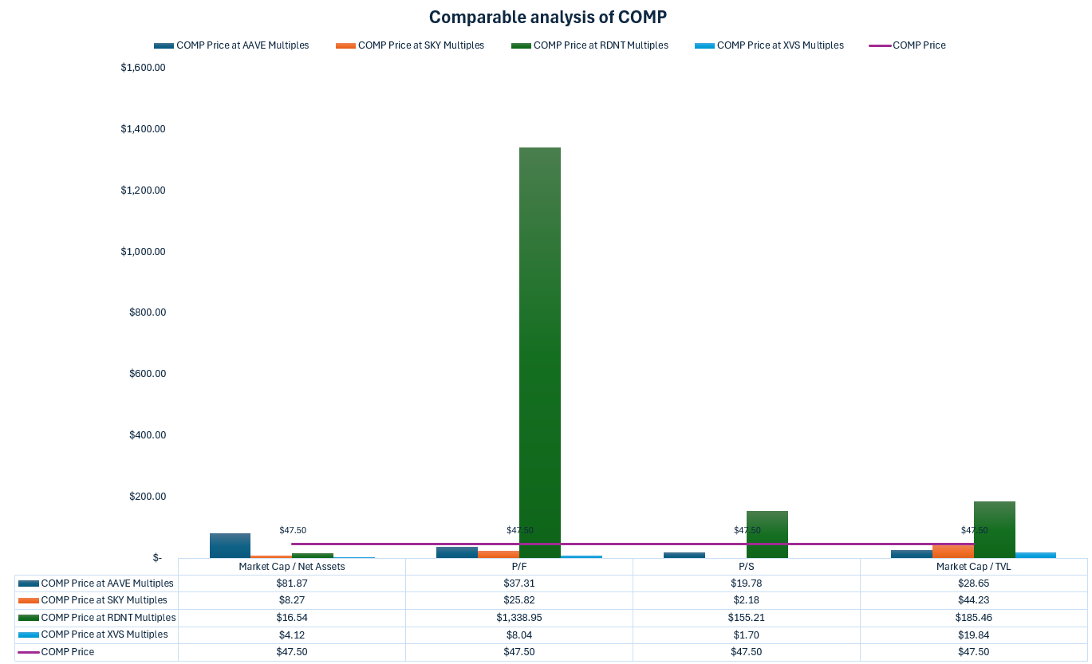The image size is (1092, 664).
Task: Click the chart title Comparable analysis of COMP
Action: (x=547, y=18)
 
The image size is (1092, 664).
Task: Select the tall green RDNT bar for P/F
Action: (x=539, y=351)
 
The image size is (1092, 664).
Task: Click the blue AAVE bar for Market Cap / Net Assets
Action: (x=230, y=545)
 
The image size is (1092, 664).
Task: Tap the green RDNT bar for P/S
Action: (x=767, y=534)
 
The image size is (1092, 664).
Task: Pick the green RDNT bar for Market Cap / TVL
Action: (x=994, y=529)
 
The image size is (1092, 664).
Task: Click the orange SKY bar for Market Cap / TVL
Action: (x=952, y=551)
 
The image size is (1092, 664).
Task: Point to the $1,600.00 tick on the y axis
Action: (x=143, y=68)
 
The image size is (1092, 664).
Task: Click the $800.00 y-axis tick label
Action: (x=147, y=312)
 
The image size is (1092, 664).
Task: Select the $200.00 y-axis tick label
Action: (x=147, y=497)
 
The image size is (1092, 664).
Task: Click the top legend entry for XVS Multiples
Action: (x=779, y=45)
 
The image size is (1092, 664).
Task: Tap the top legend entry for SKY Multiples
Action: (x=420, y=45)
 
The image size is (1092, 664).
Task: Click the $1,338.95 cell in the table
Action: (x=518, y=618)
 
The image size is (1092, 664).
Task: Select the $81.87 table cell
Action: (x=291, y=583)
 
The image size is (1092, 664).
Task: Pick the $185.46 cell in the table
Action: (x=973, y=618)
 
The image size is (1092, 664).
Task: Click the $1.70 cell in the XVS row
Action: (x=746, y=635)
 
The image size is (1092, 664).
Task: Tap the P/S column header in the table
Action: (x=746, y=567)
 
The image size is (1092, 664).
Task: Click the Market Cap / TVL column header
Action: (x=973, y=567)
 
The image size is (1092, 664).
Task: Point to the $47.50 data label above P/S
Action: (x=747, y=530)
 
